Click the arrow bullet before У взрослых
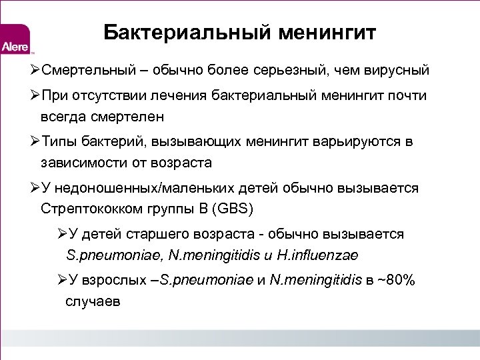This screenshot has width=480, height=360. pos(62,280)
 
